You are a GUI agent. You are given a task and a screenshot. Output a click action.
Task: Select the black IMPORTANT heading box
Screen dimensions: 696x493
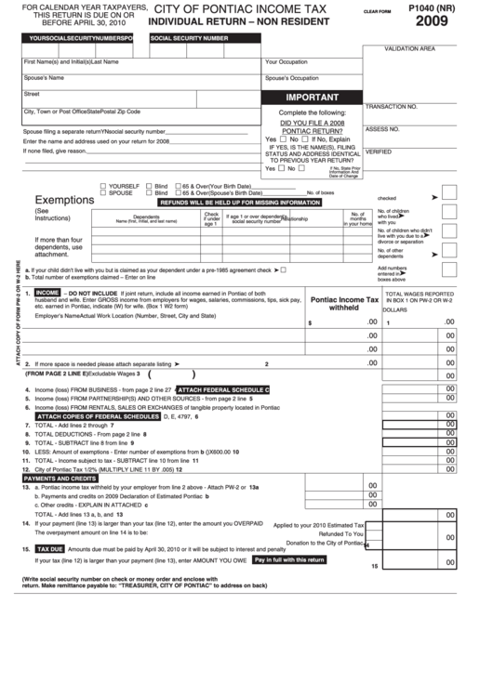(312, 97)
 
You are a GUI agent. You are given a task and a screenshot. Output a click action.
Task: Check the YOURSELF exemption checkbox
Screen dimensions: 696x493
(102, 186)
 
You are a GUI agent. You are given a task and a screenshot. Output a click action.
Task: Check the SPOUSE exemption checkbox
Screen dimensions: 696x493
(102, 192)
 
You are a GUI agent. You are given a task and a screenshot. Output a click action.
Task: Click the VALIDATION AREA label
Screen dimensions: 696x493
(409, 47)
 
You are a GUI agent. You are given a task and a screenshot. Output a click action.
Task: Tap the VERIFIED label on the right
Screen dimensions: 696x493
(379, 151)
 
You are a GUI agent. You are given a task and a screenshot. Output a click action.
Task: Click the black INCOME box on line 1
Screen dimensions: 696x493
(47, 292)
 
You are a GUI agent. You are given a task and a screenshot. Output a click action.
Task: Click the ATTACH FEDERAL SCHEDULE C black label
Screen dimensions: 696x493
(222, 388)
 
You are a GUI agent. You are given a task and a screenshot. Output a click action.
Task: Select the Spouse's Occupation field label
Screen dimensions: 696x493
(291, 78)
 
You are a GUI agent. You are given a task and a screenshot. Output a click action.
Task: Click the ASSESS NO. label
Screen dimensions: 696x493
(381, 129)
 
